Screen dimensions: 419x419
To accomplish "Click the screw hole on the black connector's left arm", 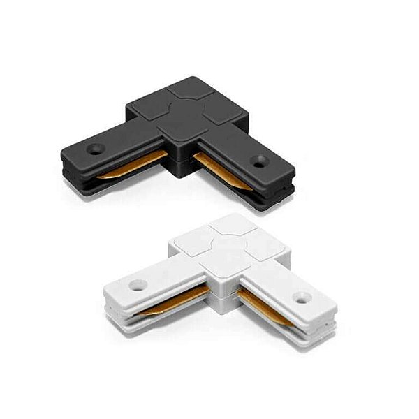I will click(x=93, y=149).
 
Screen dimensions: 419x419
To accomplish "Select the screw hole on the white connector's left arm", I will click(x=135, y=285).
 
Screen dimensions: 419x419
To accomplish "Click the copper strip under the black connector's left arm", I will click(x=133, y=172).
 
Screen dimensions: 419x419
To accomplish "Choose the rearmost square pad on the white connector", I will click(x=229, y=223).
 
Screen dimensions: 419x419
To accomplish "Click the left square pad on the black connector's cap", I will click(x=148, y=108).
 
